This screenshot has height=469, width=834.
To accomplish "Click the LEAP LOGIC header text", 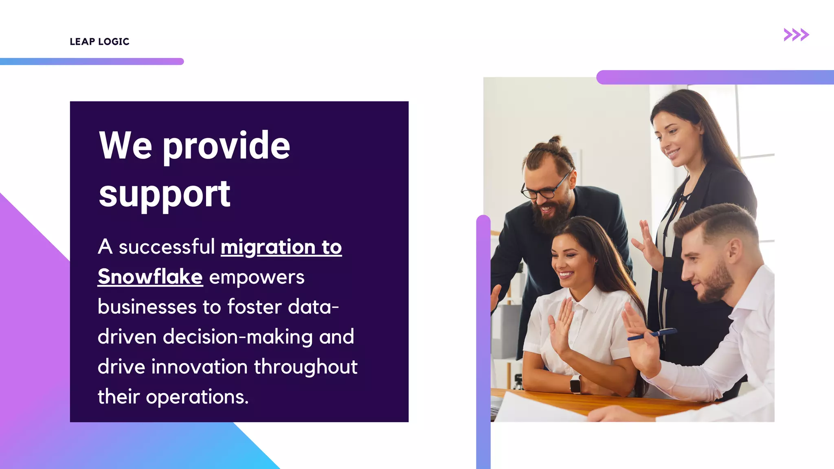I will [99, 42].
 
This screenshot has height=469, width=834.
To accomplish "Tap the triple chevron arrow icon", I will [796, 35].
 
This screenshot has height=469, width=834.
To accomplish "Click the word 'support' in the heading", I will [165, 194].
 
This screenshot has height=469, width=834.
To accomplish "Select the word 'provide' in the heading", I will [226, 146].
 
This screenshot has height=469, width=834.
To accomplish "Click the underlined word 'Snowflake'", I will [150, 277].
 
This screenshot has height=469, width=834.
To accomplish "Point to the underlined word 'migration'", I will [268, 247].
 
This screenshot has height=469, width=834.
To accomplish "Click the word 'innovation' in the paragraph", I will [200, 366].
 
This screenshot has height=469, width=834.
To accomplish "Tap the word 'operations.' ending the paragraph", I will [197, 397].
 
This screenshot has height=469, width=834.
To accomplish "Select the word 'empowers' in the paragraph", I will [257, 277].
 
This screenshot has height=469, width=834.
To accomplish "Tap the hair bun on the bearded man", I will [555, 141].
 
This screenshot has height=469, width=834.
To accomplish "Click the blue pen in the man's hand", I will [652, 334].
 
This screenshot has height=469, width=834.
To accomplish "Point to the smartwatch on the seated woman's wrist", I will [575, 384].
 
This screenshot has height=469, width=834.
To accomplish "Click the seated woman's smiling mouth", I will [566, 274].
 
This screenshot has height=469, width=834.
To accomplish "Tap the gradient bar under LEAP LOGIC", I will [92, 61].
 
